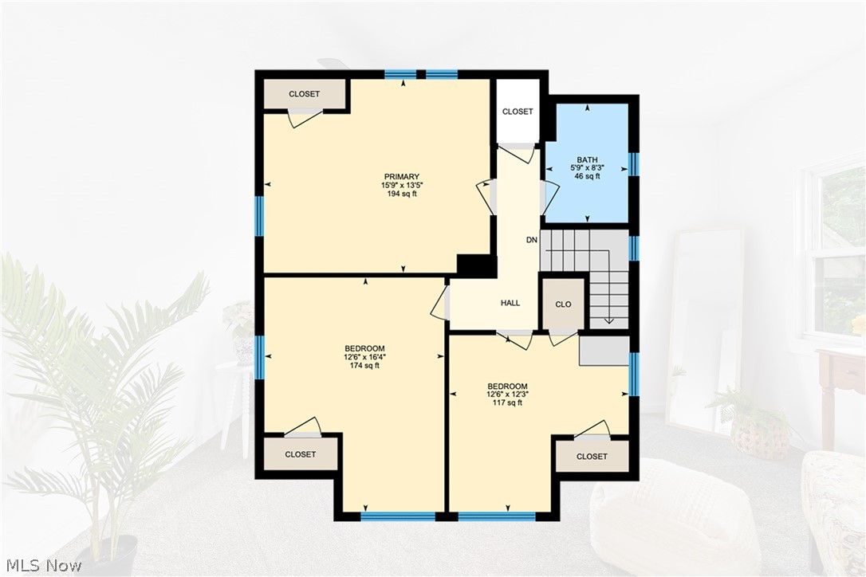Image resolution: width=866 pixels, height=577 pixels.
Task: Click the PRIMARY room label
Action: pyautogui.click(x=401, y=177)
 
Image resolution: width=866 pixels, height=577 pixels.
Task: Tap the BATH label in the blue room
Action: pyautogui.click(x=588, y=160)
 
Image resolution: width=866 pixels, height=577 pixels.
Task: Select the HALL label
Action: pyautogui.click(x=510, y=303)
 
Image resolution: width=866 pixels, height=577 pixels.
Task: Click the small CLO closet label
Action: pyautogui.click(x=563, y=304)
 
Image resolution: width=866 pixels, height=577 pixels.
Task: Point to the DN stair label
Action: pyautogui.click(x=532, y=240)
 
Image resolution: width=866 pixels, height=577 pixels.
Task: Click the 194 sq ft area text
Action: pyautogui.click(x=401, y=194)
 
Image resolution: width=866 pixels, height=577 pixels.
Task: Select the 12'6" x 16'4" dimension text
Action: pyautogui.click(x=364, y=357)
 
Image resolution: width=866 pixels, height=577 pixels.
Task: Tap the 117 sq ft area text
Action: pyautogui.click(x=507, y=402)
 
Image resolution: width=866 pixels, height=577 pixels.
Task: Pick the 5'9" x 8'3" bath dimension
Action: pyautogui.click(x=588, y=168)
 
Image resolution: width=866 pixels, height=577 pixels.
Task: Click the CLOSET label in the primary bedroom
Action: pyautogui.click(x=304, y=94)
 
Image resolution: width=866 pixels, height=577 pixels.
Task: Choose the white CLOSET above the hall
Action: pyautogui.click(x=518, y=112)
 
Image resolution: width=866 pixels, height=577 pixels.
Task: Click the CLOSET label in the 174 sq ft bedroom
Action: pyautogui.click(x=301, y=454)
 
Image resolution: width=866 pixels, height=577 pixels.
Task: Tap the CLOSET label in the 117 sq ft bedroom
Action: pyautogui.click(x=592, y=457)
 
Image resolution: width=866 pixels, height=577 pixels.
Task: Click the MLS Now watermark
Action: pyautogui.click(x=41, y=566)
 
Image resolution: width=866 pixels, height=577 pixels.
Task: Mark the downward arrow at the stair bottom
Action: pyautogui.click(x=609, y=320)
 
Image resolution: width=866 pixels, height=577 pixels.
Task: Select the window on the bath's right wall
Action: pyautogui.click(x=633, y=164)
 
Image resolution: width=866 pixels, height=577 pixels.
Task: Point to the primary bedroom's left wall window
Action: pyautogui.click(x=259, y=215)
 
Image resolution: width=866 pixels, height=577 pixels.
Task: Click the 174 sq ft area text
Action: pyautogui.click(x=364, y=366)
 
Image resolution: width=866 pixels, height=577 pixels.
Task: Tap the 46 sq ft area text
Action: pyautogui.click(x=588, y=176)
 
